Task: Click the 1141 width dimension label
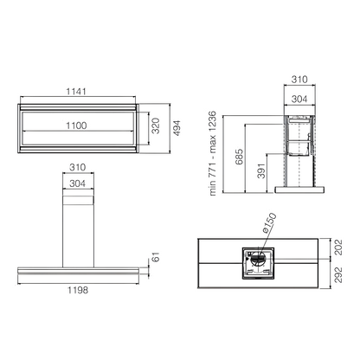76,92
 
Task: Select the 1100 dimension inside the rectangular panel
76,125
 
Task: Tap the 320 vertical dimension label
156,125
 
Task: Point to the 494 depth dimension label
177,128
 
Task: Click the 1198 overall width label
78,290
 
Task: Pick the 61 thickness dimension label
156,257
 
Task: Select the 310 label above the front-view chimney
78,167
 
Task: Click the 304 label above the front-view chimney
78,183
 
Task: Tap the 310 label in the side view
299,79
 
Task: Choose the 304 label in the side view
299,99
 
